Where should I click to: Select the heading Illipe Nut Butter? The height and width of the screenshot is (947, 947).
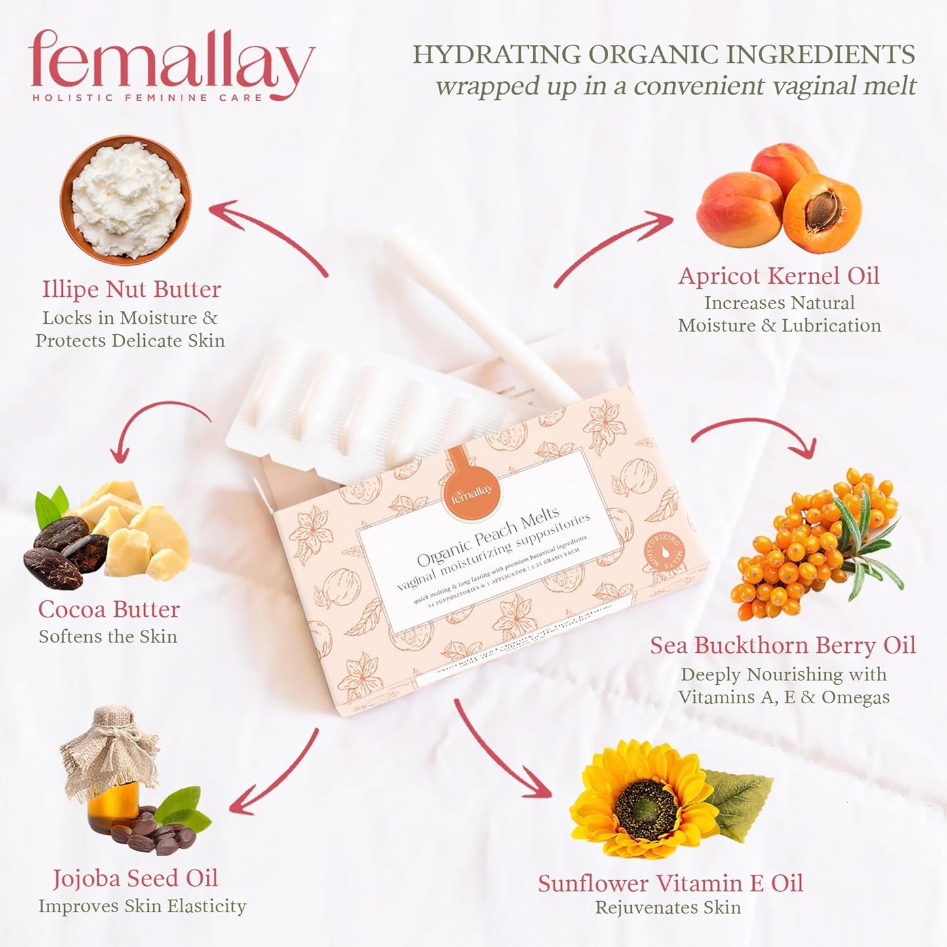131,289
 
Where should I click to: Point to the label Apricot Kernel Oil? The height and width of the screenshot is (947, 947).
779,276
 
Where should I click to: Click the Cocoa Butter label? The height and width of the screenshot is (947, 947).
109,609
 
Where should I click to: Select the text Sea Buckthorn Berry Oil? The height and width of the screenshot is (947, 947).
783,646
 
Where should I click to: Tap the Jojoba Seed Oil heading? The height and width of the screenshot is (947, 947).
135,879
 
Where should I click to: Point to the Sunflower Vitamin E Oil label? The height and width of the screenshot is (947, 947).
670,883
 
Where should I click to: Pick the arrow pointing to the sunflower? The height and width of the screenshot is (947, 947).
501,747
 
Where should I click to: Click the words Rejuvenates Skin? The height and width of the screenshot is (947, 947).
668,908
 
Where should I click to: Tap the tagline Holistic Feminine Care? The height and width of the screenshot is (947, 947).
147,98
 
